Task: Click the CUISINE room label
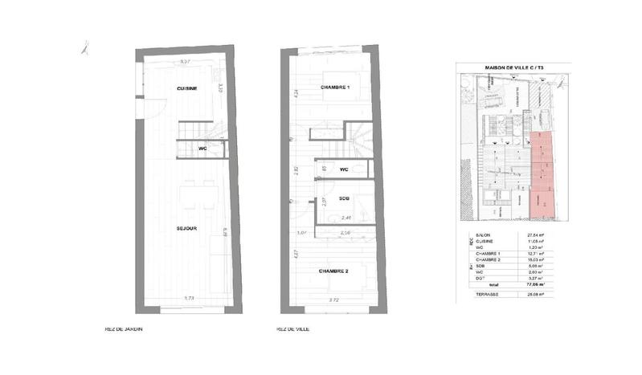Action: coord(187,88)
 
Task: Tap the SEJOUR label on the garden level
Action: coord(187,228)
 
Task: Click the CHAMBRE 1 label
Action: coord(335,87)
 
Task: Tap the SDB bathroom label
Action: coord(343,198)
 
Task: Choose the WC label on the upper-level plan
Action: coord(343,169)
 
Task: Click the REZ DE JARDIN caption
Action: coord(124,329)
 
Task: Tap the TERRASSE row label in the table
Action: coord(487,295)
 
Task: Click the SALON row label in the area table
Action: coord(483,234)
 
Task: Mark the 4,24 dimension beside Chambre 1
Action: coord(296,93)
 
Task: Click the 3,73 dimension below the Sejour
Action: coord(190,299)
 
